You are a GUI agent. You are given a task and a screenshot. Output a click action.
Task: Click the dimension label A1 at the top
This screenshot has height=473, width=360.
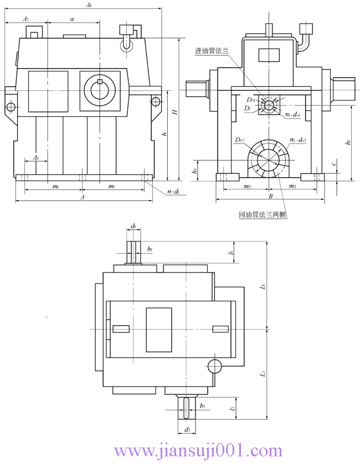(88, 5)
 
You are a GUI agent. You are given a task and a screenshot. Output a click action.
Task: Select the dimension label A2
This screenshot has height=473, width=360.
(25, 19)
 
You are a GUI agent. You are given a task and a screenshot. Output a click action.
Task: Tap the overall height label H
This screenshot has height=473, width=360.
(174, 112)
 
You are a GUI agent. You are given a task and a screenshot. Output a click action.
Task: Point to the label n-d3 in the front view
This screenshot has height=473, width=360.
(173, 192)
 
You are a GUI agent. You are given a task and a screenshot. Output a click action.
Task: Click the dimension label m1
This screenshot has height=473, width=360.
(55, 187)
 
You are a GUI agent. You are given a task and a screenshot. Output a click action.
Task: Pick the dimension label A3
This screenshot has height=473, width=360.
(35, 158)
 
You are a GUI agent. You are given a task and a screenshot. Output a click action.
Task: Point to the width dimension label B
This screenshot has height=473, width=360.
(270, 197)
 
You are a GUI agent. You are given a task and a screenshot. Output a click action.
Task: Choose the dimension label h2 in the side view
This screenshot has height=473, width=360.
(348, 142)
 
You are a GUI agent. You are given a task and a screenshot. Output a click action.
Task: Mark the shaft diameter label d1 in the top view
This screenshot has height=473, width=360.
(133, 226)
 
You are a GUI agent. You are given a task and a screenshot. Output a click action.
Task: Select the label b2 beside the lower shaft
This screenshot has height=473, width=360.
(203, 406)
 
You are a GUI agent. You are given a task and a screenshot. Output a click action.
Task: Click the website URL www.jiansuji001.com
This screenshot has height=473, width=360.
(198, 451)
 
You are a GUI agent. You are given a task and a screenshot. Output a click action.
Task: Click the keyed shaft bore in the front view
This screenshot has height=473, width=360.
(99, 89)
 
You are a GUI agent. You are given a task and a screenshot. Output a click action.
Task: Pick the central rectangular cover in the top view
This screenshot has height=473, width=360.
(158, 330)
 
